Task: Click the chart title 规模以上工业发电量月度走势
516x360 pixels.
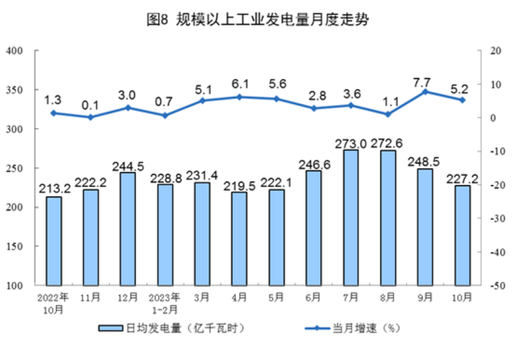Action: [x=257, y=20]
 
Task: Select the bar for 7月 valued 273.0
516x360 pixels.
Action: [x=351, y=218]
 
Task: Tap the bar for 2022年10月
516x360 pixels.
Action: [x=53, y=241]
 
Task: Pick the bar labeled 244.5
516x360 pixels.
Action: [x=127, y=229]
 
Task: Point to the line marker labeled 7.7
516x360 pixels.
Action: [x=425, y=91]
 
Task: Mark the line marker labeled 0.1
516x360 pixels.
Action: [x=90, y=117]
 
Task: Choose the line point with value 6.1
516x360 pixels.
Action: [x=239, y=97]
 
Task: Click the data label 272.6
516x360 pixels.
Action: [x=387, y=143]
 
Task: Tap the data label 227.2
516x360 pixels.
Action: [x=462, y=178]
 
